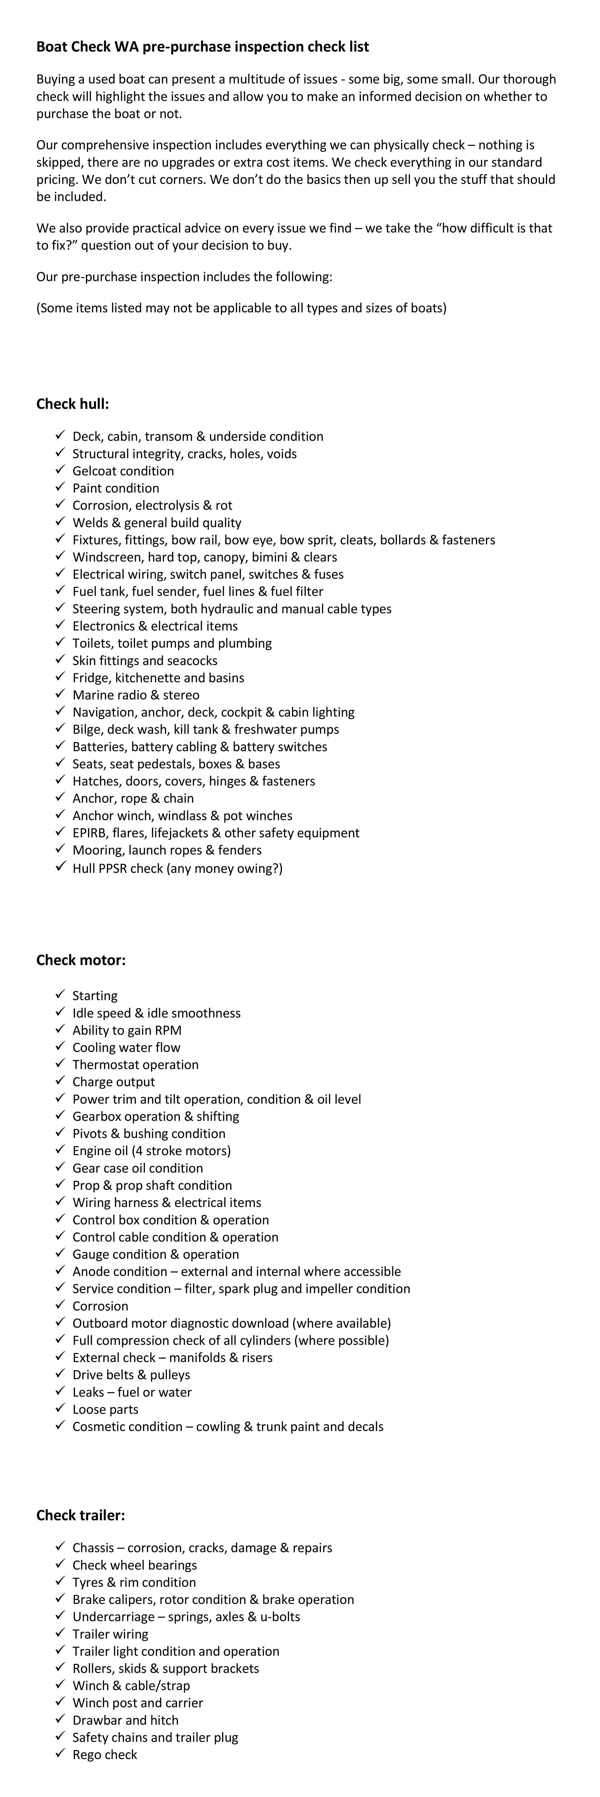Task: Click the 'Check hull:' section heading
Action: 73,404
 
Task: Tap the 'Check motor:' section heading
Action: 81,960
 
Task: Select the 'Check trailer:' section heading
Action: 81,1515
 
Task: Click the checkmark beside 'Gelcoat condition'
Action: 60,470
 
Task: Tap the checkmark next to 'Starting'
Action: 60,995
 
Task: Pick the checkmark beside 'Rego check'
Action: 60,1754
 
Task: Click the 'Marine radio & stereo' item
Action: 136,695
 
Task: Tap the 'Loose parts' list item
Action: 105,1409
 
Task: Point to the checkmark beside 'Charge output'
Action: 60,1081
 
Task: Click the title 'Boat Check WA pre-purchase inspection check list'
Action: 202,47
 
